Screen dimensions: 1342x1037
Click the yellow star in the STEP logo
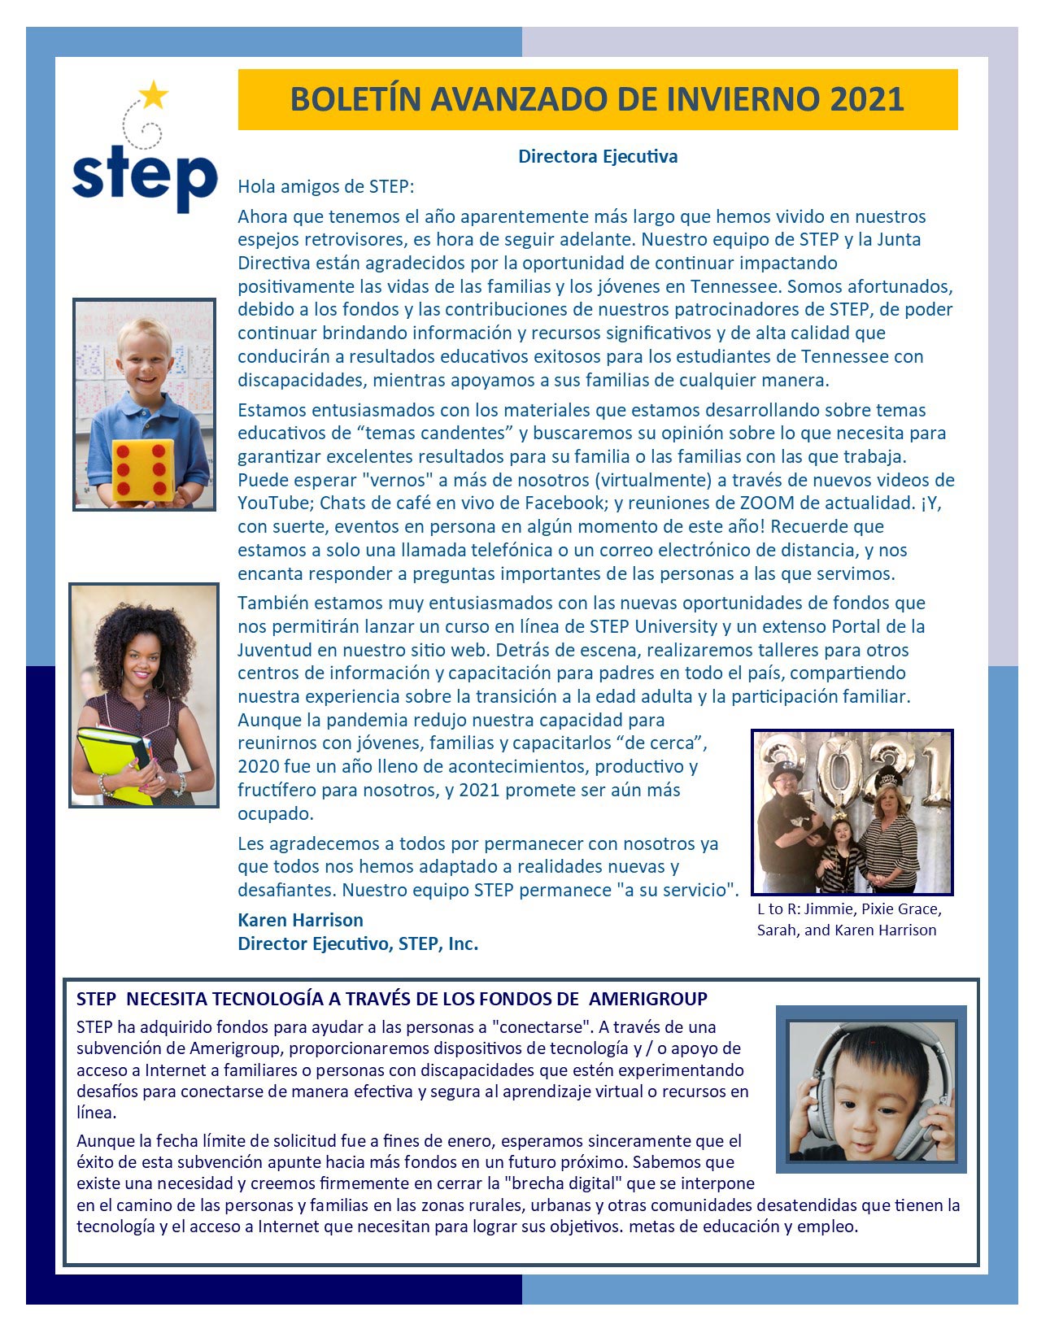click(153, 95)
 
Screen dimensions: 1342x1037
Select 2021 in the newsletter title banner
click(867, 99)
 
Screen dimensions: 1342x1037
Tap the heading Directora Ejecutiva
click(598, 156)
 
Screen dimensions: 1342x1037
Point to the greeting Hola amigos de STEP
click(325, 186)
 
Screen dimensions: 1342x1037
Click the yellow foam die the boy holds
click(144, 469)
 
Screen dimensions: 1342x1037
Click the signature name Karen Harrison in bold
click(300, 920)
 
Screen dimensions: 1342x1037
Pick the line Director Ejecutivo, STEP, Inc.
click(358, 943)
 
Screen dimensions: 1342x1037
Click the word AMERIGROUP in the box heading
click(648, 999)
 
